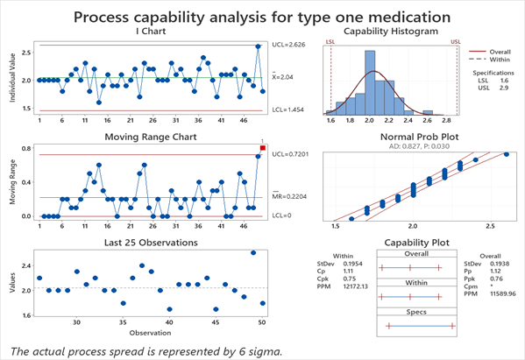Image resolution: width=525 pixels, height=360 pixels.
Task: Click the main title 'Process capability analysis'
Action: [262, 17]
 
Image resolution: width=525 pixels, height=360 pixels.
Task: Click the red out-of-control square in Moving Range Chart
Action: [262, 148]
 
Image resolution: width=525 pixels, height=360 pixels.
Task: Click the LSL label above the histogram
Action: [330, 41]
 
